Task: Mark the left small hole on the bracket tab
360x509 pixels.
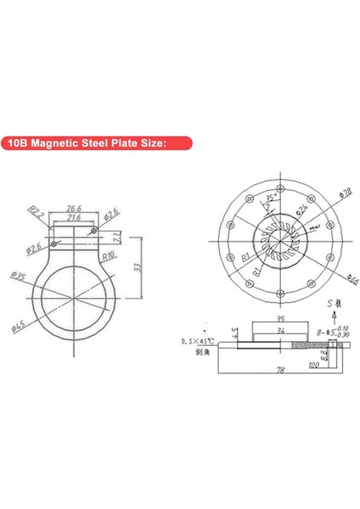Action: point(56,244)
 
